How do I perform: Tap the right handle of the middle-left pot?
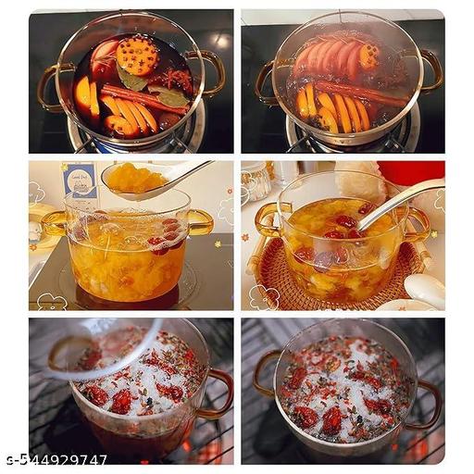coord(200,221)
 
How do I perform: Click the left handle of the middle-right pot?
coord(267,219)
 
